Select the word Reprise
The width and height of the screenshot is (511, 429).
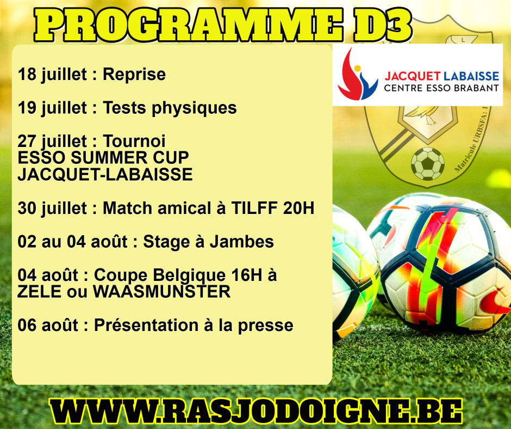pos(134,75)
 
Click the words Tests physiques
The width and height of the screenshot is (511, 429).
pos(170,108)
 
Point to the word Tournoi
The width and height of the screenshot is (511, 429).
pos(134,142)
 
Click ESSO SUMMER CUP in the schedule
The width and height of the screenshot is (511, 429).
pos(103,158)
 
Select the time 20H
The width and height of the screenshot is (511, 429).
pos(299,208)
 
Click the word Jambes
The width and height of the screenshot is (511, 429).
pos(241,242)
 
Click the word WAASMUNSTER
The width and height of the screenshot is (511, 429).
pos(162,292)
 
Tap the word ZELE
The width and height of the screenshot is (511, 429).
pos(40,292)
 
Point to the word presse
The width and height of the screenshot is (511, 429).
pos(266,326)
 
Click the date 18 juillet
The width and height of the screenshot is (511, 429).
pos(53,75)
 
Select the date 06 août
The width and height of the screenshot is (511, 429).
pos(48,325)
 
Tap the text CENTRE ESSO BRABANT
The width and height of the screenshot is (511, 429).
pos(441,88)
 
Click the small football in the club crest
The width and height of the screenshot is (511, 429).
pos(428,163)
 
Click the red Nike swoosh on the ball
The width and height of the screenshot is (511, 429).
pos(494,303)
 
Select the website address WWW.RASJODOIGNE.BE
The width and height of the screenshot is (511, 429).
pos(256,412)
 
